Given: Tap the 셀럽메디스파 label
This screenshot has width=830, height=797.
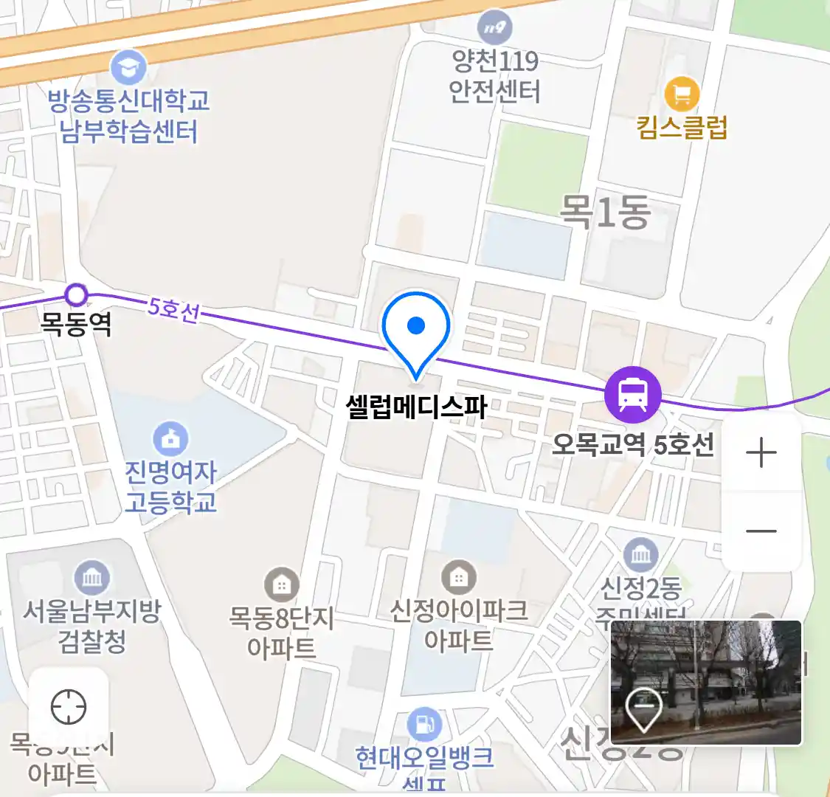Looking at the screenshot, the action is tap(416, 406).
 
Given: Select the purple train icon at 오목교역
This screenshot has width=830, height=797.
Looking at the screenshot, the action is tap(632, 394).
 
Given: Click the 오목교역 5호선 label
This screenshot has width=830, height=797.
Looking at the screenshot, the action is tap(633, 444).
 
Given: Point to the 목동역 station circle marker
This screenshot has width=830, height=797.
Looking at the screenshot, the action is tap(76, 295).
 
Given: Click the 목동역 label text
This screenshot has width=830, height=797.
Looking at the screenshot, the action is tap(76, 323).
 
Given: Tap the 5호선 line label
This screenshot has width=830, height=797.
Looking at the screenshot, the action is tap(173, 309).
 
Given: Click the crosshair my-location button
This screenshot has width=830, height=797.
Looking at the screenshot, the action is tap(69, 708).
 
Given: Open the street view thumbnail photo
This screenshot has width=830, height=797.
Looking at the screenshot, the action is tap(706, 682).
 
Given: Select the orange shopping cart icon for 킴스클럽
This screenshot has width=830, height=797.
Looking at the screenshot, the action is tap(682, 94).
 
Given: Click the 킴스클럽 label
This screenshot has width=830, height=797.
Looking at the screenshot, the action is tap(682, 127).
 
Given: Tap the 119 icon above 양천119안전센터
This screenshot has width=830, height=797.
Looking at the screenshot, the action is tap(494, 28).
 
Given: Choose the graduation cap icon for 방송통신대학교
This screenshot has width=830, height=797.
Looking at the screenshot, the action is tap(128, 68).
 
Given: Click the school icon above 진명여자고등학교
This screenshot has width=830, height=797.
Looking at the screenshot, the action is tap(170, 439).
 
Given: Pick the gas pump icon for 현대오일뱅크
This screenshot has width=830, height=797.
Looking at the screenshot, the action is tap(424, 725).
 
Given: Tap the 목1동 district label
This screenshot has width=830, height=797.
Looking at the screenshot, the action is tap(605, 212).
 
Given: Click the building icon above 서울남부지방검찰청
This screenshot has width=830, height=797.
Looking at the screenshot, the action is tap(92, 577).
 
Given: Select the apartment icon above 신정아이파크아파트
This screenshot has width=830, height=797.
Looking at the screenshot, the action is tap(458, 577).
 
